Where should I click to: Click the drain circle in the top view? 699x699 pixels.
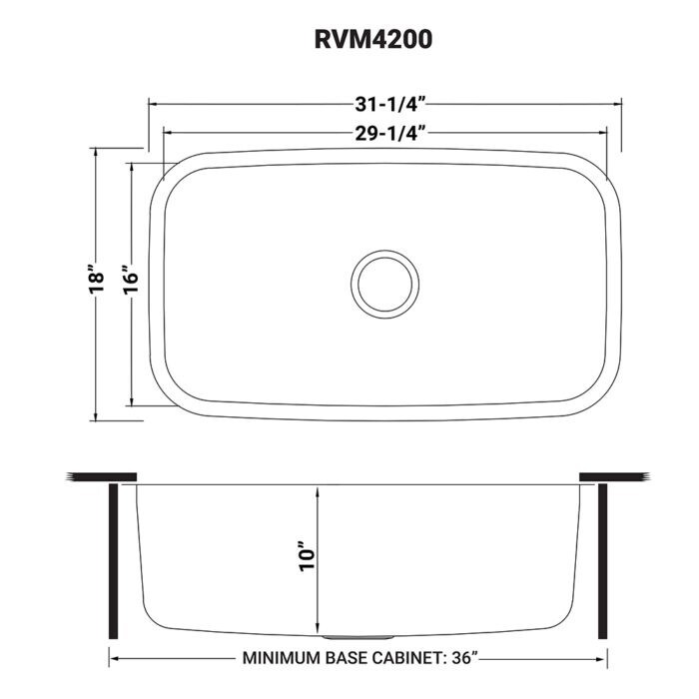(x=385, y=284)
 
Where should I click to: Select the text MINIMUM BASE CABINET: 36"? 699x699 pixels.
(x=360, y=659)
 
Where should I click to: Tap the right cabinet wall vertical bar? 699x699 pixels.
(x=602, y=559)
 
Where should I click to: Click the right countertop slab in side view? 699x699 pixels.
(x=615, y=475)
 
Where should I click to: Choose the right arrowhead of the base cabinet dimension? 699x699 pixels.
(x=603, y=659)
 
